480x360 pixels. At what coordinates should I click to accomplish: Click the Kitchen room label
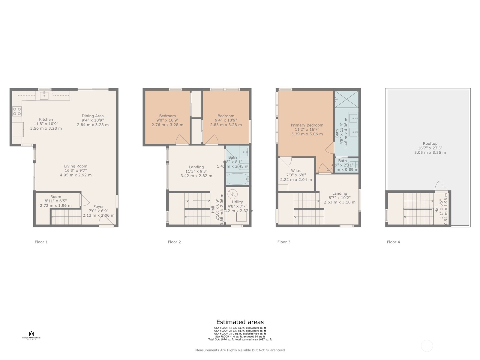pyautogui.click(x=46, y=119)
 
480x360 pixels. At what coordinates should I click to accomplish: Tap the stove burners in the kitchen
pyautogui.click(x=17, y=111)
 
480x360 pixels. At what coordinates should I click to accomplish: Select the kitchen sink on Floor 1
pyautogui.click(x=44, y=96)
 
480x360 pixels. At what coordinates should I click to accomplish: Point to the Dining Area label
pyautogui.click(x=93, y=116)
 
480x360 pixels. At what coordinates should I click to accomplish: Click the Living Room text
pyautogui.click(x=76, y=166)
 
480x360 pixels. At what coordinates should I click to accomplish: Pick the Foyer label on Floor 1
pyautogui.click(x=98, y=207)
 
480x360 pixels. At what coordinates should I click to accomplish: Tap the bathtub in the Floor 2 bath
pyautogui.click(x=237, y=179)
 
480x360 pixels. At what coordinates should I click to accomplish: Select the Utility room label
pyautogui.click(x=237, y=202)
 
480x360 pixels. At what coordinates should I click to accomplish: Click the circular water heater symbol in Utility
pyautogui.click(x=232, y=194)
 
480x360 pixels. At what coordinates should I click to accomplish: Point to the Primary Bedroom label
pyautogui.click(x=307, y=125)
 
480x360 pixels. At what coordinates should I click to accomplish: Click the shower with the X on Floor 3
pyautogui.click(x=346, y=99)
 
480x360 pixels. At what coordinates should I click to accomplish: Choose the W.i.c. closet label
pyautogui.click(x=296, y=171)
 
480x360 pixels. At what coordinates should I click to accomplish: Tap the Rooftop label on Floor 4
pyautogui.click(x=430, y=144)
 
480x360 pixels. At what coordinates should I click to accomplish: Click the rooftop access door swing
pyautogui.click(x=440, y=187)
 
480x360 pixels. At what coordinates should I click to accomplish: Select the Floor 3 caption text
pyautogui.click(x=284, y=242)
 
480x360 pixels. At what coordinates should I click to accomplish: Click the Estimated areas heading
pyautogui.click(x=240, y=322)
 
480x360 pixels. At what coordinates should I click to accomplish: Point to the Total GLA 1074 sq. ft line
pyautogui.click(x=240, y=339)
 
